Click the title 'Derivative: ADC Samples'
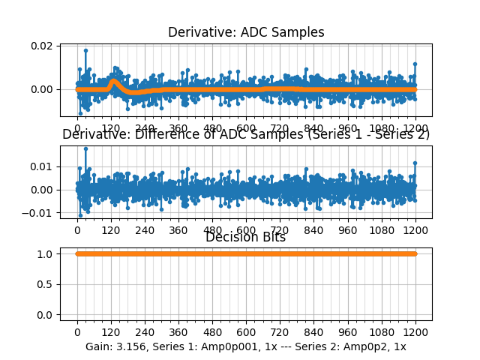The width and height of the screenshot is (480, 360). click(246, 32)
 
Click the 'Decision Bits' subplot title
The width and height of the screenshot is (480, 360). click(245, 238)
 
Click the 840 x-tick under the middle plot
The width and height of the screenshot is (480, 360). click(313, 230)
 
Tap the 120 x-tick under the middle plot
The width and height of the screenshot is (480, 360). click(111, 230)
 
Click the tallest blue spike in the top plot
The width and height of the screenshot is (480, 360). click(85, 50)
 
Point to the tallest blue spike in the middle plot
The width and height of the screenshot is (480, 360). click(85, 148)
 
